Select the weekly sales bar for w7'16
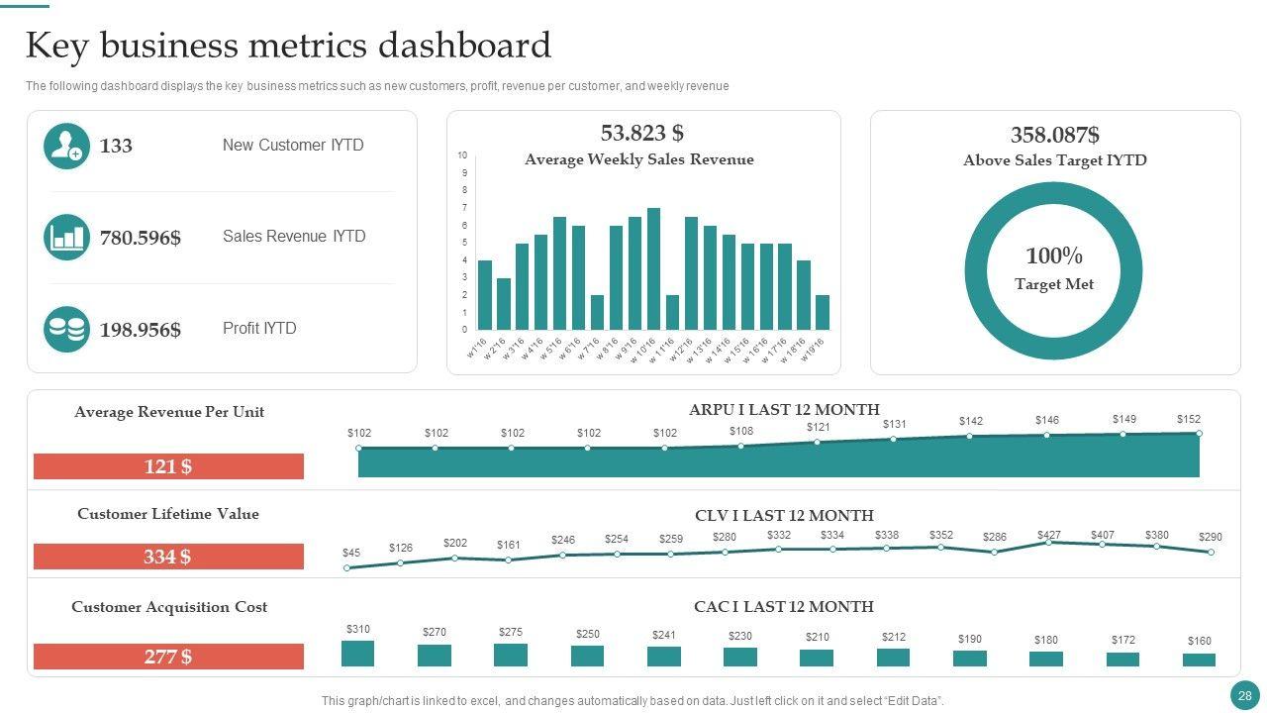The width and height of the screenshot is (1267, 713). (x=597, y=312)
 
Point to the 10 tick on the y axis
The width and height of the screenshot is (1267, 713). (x=462, y=155)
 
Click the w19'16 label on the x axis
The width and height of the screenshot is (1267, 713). (x=814, y=350)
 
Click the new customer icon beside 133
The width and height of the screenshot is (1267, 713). (x=66, y=146)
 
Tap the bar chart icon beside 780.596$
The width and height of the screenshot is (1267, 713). (x=66, y=238)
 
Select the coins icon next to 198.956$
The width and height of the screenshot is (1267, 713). (x=66, y=329)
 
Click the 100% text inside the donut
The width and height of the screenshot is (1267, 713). (x=1053, y=256)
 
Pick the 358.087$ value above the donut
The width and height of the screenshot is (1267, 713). (x=1054, y=136)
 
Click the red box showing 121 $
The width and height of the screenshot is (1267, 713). (x=168, y=466)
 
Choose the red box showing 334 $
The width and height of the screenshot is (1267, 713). (x=168, y=557)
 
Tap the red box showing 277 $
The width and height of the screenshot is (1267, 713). (x=168, y=657)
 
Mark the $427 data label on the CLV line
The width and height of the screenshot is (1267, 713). (x=1048, y=535)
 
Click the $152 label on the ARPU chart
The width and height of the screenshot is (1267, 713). (x=1188, y=419)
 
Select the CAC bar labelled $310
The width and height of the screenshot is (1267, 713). (x=357, y=654)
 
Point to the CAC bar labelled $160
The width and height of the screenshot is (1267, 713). (x=1199, y=660)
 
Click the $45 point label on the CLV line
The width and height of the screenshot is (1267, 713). (x=351, y=553)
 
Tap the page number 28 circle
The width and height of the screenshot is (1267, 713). (x=1244, y=696)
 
